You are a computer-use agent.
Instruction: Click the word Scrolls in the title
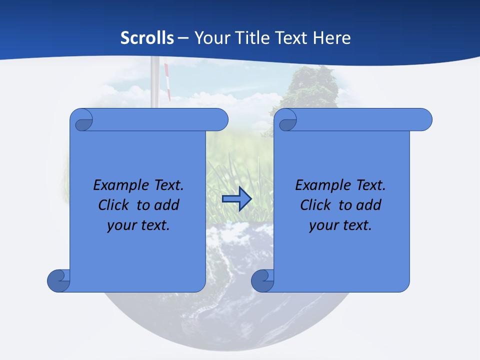pos(147,38)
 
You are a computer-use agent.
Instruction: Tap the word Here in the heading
pos(332,38)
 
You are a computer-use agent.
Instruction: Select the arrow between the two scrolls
pos(236,199)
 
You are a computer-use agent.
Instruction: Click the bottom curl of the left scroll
pos(58,280)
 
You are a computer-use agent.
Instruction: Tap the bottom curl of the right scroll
pos(262,280)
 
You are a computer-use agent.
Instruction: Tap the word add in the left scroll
pos(167,205)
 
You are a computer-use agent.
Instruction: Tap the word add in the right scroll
pos(369,205)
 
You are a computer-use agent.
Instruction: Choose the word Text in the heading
pos(290,38)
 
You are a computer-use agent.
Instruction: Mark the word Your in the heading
pos(210,38)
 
